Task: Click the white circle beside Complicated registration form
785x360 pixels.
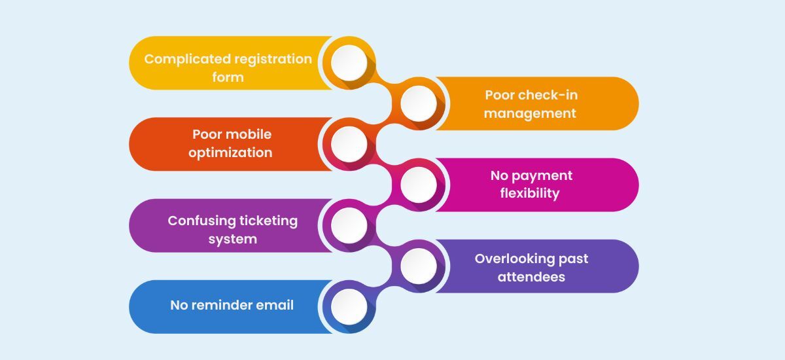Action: click(349, 63)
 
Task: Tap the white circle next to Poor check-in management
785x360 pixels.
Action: click(418, 103)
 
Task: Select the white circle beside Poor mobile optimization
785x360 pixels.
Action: click(349, 144)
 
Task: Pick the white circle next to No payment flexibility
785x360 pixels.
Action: click(418, 185)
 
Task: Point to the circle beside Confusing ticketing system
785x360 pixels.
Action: click(349, 225)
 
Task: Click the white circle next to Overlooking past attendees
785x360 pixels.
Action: click(418, 266)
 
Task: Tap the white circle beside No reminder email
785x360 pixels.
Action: click(349, 306)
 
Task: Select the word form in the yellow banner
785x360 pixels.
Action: click(228, 77)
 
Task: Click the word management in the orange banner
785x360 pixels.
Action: click(531, 113)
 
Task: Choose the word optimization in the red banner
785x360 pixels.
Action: click(230, 153)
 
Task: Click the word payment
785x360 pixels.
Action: click(542, 175)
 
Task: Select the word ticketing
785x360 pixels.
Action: click(266, 221)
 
